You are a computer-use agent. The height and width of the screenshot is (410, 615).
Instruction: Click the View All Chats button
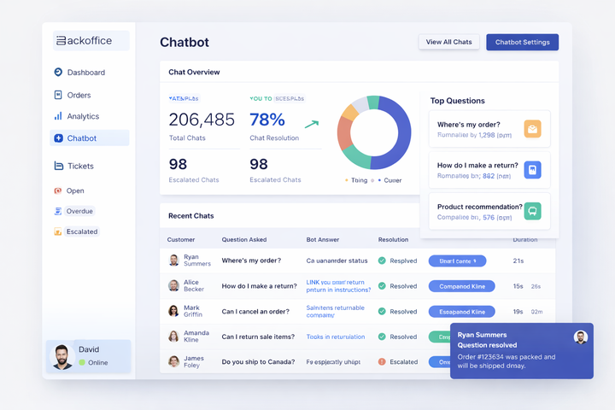(x=448, y=42)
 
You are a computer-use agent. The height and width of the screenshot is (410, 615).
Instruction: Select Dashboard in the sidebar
(x=85, y=73)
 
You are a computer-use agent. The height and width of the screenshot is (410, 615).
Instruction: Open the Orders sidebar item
(x=79, y=95)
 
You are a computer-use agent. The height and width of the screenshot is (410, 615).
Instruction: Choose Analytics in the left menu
(x=83, y=116)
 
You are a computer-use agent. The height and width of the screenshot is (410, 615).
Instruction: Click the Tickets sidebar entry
(x=80, y=166)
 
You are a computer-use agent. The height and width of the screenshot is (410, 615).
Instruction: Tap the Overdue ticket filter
(x=79, y=211)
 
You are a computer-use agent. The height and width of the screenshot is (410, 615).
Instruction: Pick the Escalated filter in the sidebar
(x=81, y=231)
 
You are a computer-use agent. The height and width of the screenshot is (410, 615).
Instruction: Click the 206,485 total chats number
(x=202, y=120)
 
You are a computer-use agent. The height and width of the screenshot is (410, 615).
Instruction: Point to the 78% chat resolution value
(x=267, y=120)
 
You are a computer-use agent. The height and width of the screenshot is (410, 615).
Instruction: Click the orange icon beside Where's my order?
(x=532, y=129)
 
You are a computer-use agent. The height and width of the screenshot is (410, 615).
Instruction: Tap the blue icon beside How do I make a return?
(x=532, y=170)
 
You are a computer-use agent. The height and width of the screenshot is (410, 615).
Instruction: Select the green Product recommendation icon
(x=532, y=211)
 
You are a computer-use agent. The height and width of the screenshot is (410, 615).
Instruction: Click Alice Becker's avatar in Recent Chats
(x=173, y=286)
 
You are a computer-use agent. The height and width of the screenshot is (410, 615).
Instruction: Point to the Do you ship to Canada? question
(x=258, y=362)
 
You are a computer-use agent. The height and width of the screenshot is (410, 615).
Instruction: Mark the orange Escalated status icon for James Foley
(x=382, y=362)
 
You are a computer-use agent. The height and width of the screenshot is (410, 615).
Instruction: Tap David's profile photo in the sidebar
(x=62, y=356)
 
